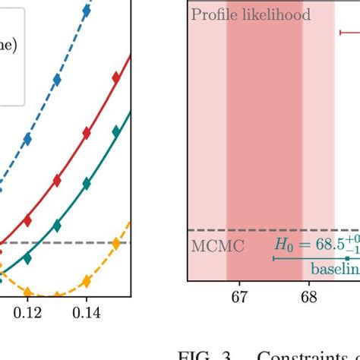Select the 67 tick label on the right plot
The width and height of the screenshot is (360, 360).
[240, 297]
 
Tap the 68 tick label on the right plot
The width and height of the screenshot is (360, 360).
[309, 297]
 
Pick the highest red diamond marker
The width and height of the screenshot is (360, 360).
[116, 76]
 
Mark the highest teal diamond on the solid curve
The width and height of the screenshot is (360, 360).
[116, 131]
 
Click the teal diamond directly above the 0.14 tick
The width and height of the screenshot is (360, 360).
[87, 184]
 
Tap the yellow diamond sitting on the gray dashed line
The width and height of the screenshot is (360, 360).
[116, 243]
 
